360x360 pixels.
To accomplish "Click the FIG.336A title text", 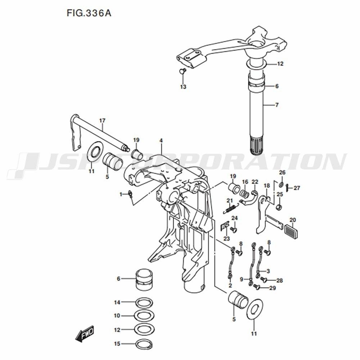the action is tap(89, 13).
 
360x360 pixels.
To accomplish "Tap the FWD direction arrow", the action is tap(85, 334).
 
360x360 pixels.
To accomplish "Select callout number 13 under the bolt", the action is tap(183, 87).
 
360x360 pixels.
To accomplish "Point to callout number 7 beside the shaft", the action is tap(277, 105).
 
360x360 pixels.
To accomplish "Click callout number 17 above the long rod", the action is tap(102, 120).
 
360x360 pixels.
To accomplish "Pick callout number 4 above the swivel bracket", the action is tap(161, 140).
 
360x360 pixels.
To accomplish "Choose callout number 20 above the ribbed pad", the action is tap(292, 220).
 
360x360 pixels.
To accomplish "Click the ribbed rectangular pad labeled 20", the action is tap(292, 231).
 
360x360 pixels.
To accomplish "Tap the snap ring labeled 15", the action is tap(144, 344).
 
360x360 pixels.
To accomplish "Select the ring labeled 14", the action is tap(144, 303).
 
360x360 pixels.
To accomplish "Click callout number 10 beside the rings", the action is tap(117, 316).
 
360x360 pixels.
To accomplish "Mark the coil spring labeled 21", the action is tap(230, 208).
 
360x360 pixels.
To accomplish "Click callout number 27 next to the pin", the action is tap(297, 188).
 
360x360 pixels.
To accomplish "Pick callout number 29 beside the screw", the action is tap(272, 288).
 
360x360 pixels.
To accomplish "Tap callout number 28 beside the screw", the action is tap(279, 280).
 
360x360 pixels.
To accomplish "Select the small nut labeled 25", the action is tap(279, 207).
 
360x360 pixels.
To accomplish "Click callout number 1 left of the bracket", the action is tap(121, 194).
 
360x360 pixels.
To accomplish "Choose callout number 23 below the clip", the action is tap(226, 238).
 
